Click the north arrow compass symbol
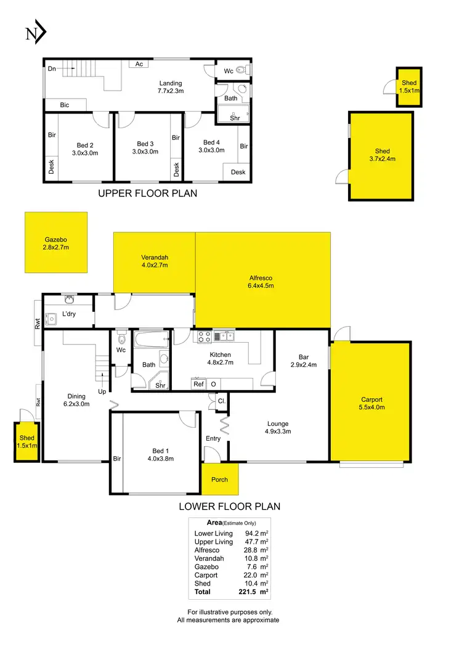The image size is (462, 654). coord(36,34)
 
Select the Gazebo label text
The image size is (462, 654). coord(55,240)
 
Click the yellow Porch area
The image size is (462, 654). coord(219,480)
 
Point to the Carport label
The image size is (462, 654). coord(371,399)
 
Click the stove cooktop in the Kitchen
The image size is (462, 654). coord(205,336)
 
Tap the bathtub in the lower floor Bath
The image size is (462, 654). coord(152,338)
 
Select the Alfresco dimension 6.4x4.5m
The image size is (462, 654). coord(261,286)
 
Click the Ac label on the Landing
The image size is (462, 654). coord(139,64)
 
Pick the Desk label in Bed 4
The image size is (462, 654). coord(239,172)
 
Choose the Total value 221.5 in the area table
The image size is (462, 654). coord(246,592)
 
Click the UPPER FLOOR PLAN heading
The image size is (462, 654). coord(148,194)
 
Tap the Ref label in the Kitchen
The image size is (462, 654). coord(198,384)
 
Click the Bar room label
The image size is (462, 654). coord(303,356)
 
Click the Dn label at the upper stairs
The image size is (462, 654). coord(52,68)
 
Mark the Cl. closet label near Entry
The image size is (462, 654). coord(221,401)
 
